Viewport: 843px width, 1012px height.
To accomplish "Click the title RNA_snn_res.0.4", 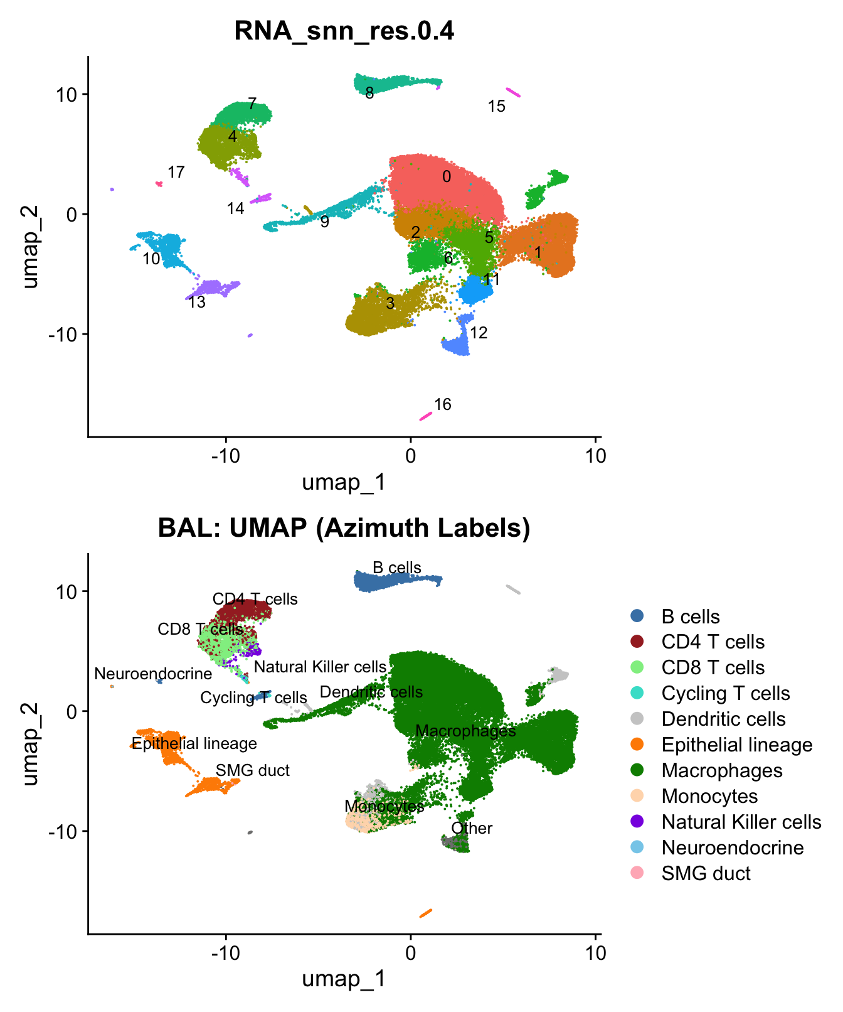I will (x=344, y=30).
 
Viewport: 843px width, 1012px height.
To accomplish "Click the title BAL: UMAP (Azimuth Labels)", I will (x=344, y=528).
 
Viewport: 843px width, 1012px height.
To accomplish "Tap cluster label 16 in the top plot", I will (x=443, y=404).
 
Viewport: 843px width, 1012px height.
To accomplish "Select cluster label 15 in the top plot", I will (x=496, y=107).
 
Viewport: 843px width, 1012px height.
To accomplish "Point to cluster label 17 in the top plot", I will (x=176, y=172).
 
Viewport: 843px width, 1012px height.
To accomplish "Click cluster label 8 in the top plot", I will (x=369, y=94).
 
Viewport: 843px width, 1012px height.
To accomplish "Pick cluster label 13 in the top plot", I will (x=197, y=303).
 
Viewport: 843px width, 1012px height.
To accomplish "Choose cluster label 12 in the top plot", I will (x=479, y=333).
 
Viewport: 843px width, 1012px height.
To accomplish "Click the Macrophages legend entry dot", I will (x=637, y=770).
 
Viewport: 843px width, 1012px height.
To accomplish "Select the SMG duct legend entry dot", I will (x=637, y=873).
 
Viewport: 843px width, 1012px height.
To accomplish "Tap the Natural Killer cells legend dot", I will (x=637, y=822).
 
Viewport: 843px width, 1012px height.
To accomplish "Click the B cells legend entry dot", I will (x=637, y=616).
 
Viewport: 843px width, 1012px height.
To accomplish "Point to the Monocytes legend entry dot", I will (x=637, y=796).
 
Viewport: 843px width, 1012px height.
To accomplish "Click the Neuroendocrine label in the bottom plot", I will (x=153, y=674).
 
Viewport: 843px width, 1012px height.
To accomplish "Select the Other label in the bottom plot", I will (x=472, y=829).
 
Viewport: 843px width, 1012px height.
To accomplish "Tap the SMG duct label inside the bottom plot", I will (x=252, y=771).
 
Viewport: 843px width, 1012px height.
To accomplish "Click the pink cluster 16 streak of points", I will (x=426, y=416).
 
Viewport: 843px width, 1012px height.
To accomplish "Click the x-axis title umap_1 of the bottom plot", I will (x=344, y=979).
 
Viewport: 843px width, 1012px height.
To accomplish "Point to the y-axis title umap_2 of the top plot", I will (x=29, y=247).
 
